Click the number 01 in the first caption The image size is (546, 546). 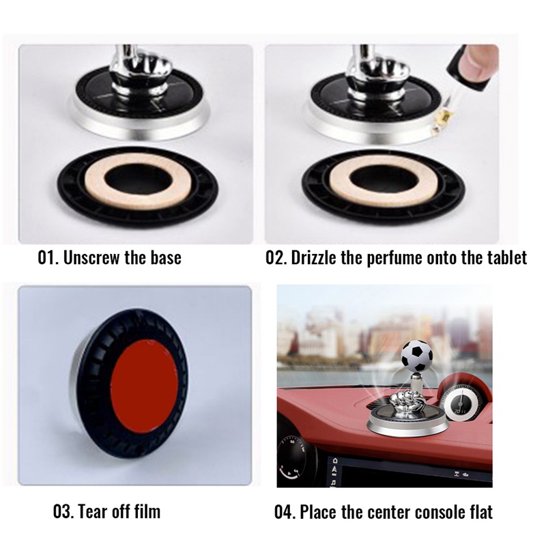47,258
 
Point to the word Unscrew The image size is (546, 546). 92,258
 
